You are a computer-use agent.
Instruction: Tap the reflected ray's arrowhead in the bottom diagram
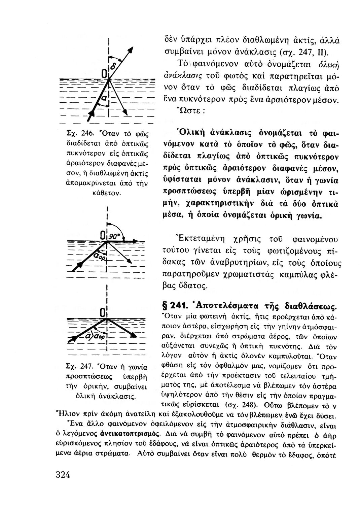(x=134, y=335)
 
